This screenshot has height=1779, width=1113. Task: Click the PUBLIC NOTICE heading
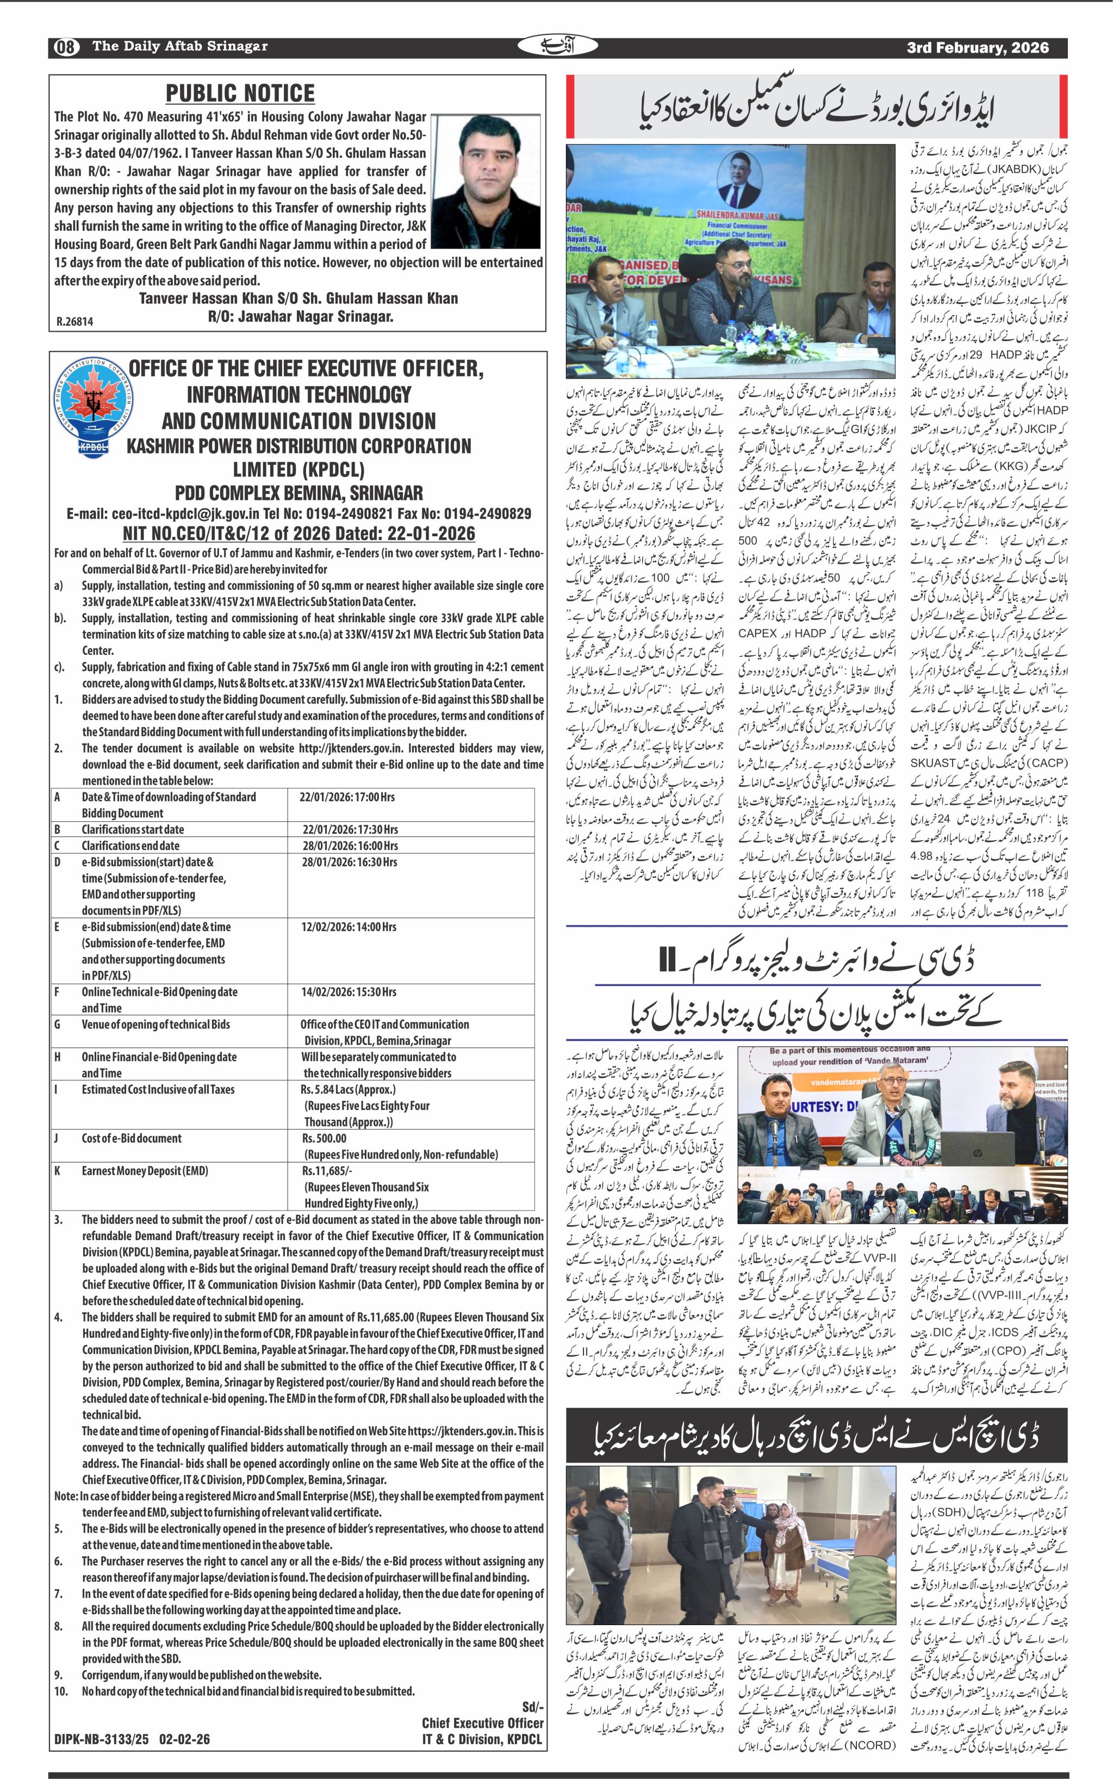coord(240,94)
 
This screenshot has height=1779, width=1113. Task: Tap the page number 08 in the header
coord(65,47)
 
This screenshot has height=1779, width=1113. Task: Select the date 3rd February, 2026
coord(978,48)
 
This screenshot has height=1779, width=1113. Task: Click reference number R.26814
coord(74,322)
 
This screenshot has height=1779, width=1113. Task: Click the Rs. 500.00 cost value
coord(324,1138)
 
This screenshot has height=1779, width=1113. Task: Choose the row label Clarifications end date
coord(130,846)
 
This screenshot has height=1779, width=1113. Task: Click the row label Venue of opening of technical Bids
coord(156,1024)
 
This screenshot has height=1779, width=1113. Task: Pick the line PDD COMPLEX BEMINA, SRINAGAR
coord(299,493)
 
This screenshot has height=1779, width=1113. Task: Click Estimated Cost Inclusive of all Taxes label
coord(158,1089)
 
